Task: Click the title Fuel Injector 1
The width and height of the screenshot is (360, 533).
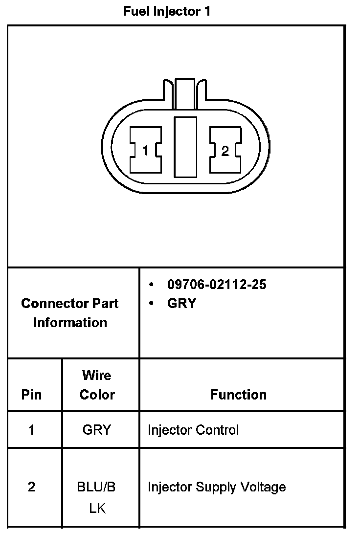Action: tap(166, 12)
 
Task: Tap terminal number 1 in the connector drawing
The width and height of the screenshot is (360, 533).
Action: tap(145, 151)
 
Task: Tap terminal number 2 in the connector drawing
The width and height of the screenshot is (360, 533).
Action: tap(225, 151)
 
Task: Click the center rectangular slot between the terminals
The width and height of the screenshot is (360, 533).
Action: tap(185, 146)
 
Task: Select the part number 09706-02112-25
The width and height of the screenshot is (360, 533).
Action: tap(217, 285)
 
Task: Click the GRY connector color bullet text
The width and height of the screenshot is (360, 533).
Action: tap(181, 304)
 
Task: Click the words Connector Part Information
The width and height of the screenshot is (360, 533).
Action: tap(70, 313)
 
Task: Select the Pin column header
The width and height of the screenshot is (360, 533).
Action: tap(32, 395)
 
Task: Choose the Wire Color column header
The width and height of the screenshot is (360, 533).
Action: tap(97, 385)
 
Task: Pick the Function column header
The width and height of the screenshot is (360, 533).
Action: tap(239, 395)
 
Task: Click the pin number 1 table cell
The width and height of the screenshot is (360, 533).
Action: tap(32, 430)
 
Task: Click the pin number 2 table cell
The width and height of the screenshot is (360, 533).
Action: tap(32, 488)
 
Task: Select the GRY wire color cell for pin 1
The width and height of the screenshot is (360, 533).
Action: tap(97, 430)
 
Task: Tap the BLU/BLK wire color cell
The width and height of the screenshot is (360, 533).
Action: tap(97, 497)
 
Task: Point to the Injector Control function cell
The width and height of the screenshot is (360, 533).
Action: tap(193, 430)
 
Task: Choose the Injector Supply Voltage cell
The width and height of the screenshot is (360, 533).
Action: tap(217, 488)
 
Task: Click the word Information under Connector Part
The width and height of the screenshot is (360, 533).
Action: tap(70, 323)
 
